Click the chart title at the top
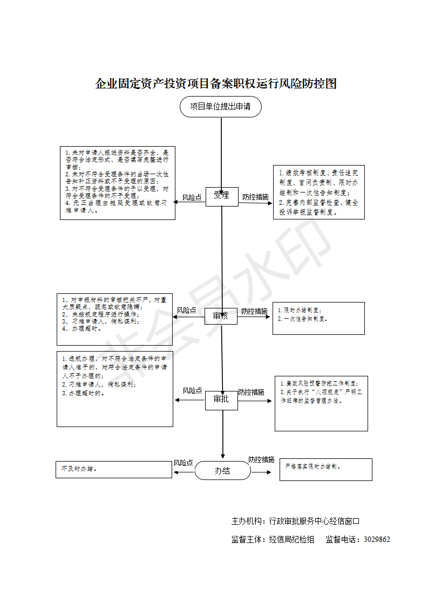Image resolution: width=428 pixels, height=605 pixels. point(216,84)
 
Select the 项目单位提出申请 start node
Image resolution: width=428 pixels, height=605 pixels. point(220,107)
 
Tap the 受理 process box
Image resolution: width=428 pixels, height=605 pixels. point(221,196)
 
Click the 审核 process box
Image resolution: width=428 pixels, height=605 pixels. point(221,316)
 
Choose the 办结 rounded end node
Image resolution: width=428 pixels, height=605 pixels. point(222,471)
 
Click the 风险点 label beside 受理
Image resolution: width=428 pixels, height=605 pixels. point(192,198)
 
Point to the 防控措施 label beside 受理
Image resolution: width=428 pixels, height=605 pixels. point(255,197)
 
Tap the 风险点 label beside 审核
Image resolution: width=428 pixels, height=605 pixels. point(186,311)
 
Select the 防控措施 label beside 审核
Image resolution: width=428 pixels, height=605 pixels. point(254,311)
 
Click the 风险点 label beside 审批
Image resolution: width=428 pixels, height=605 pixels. point(192,391)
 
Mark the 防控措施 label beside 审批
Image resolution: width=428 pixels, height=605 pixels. point(252,392)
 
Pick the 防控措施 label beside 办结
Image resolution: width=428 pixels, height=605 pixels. point(261,459)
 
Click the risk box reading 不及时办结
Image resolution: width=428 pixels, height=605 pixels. point(113,470)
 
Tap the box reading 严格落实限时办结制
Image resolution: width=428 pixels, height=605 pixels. point(325,469)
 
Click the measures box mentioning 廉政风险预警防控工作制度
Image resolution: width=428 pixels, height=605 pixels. point(321,403)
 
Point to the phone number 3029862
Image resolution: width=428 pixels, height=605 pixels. point(377,539)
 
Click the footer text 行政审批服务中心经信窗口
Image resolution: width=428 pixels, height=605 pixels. point(314,521)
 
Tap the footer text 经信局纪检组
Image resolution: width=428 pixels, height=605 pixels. point(291,539)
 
